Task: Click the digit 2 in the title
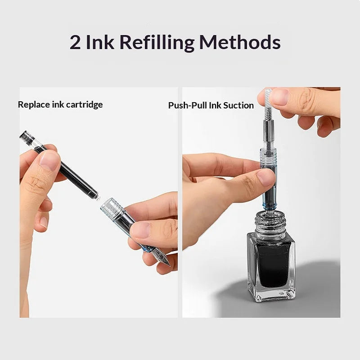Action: coord(75,42)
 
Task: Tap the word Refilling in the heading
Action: coord(157,43)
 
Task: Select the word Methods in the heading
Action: coord(240,42)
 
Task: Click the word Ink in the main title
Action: coord(100,42)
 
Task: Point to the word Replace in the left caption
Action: coord(34,105)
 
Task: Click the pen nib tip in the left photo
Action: coord(170,265)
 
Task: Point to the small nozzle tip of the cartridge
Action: coord(98,198)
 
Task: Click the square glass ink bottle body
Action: coord(271,266)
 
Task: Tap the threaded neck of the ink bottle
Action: coord(270,223)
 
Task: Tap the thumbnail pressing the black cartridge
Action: coord(49,161)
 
